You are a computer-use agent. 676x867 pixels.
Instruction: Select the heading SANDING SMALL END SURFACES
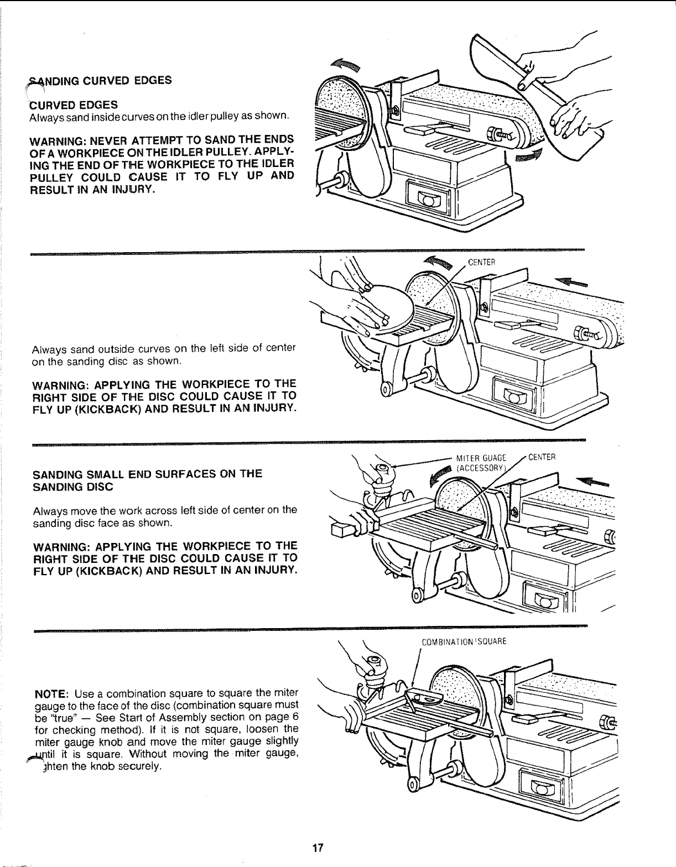tap(148, 480)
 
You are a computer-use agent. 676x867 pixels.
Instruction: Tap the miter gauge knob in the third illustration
tap(381, 471)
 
